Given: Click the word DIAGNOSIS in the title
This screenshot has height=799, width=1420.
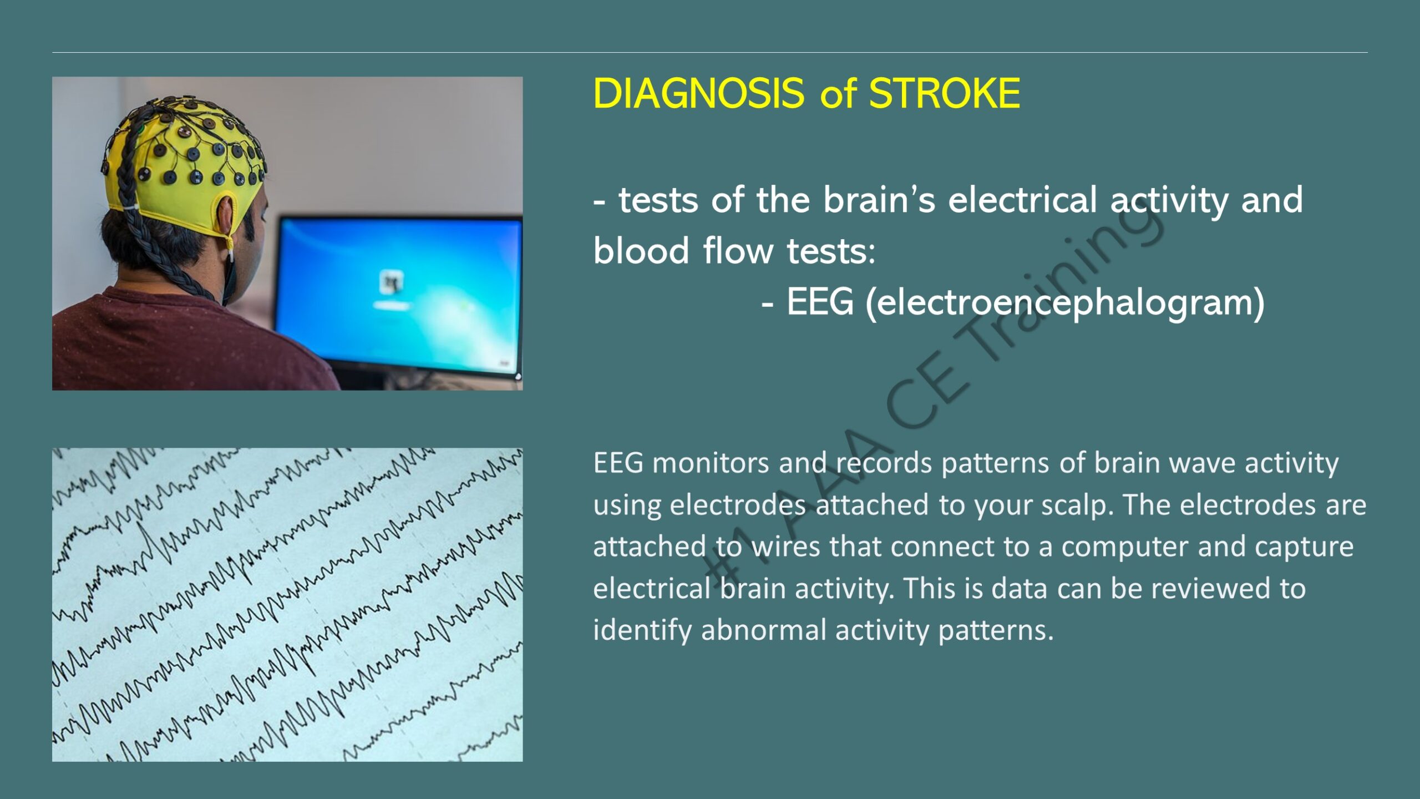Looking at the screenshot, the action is [698, 93].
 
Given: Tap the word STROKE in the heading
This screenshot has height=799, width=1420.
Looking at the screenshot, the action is [944, 93].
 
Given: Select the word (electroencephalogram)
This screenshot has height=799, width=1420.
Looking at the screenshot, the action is [1065, 303].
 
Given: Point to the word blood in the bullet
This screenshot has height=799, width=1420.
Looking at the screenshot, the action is [641, 251].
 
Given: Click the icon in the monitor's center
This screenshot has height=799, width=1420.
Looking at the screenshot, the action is [392, 282].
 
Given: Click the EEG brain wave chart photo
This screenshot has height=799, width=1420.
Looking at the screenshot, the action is [287, 605].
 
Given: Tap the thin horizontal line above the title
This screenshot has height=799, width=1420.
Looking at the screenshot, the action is [710, 53].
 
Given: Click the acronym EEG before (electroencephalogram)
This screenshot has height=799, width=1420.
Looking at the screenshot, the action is [820, 302].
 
